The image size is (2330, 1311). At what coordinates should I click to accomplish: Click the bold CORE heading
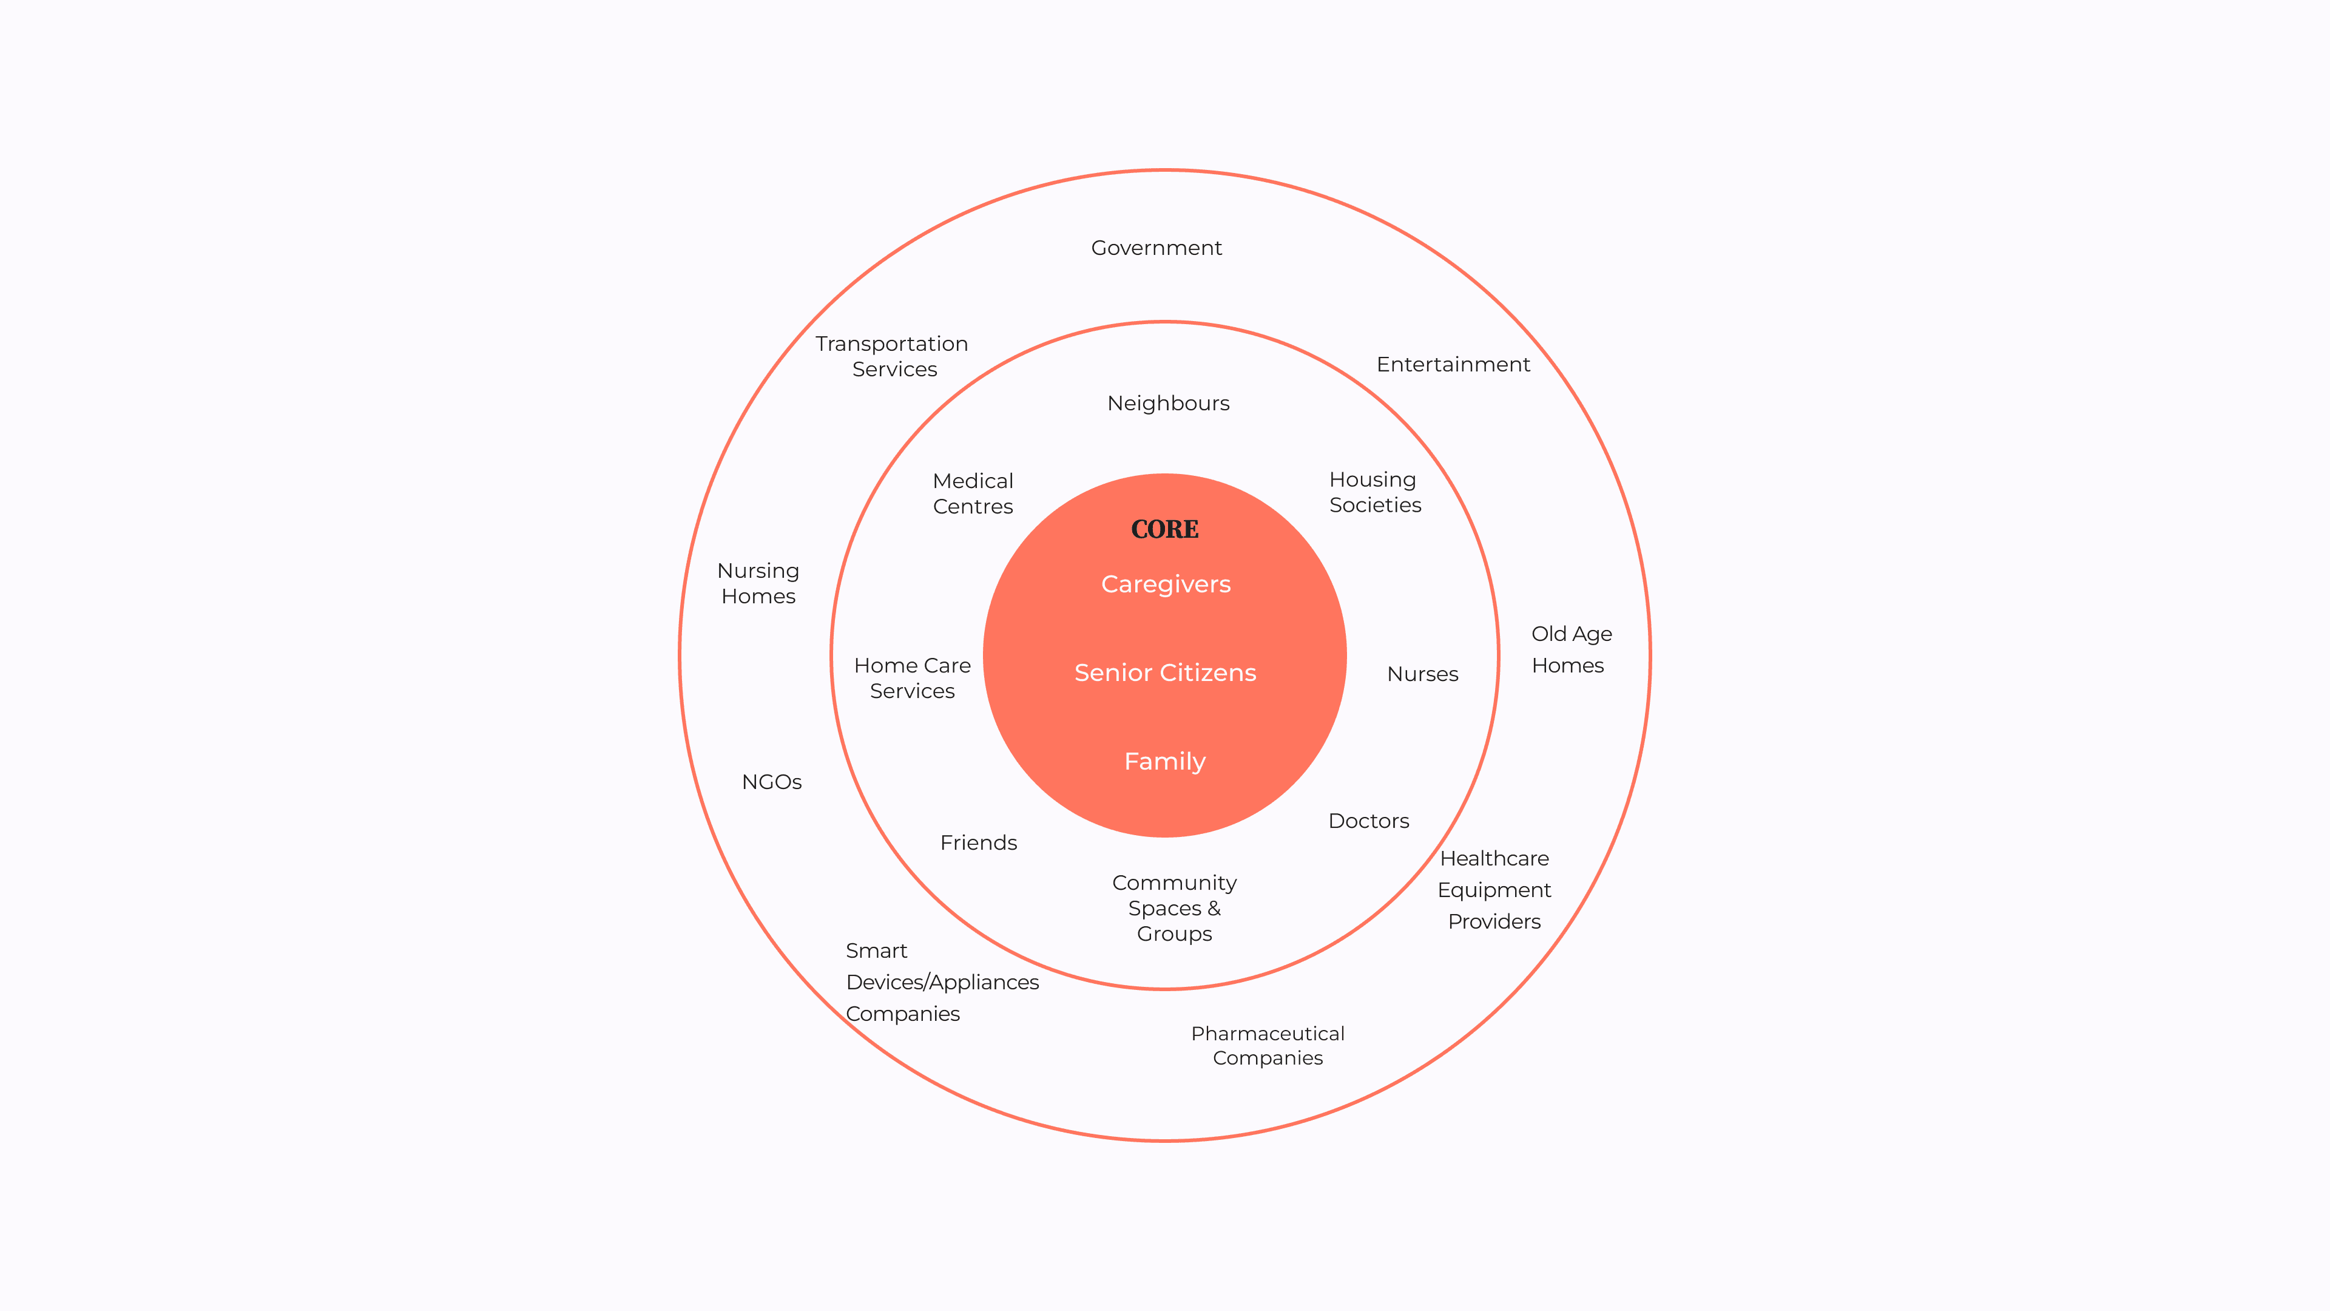pos(1164,529)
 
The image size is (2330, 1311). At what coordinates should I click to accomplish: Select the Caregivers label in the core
pos(1165,584)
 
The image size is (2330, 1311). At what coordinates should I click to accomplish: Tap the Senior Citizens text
pos(1165,673)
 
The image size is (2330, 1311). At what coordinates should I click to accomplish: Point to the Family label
pos(1164,762)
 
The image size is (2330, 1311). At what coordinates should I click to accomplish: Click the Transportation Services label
pos(892,356)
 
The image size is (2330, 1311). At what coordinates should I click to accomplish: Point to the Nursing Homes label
pos(758,583)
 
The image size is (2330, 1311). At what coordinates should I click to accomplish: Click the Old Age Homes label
pos(1570,649)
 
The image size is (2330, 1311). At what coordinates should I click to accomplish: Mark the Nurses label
pos(1422,674)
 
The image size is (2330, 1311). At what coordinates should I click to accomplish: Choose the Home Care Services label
pos(912,679)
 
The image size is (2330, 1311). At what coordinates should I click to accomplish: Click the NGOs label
pos(772,782)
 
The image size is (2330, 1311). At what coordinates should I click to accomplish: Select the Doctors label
pos(1368,822)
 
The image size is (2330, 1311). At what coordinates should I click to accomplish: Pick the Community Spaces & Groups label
pos(1174,909)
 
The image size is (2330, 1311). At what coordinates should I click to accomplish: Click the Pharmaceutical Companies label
pos(1267,1046)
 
